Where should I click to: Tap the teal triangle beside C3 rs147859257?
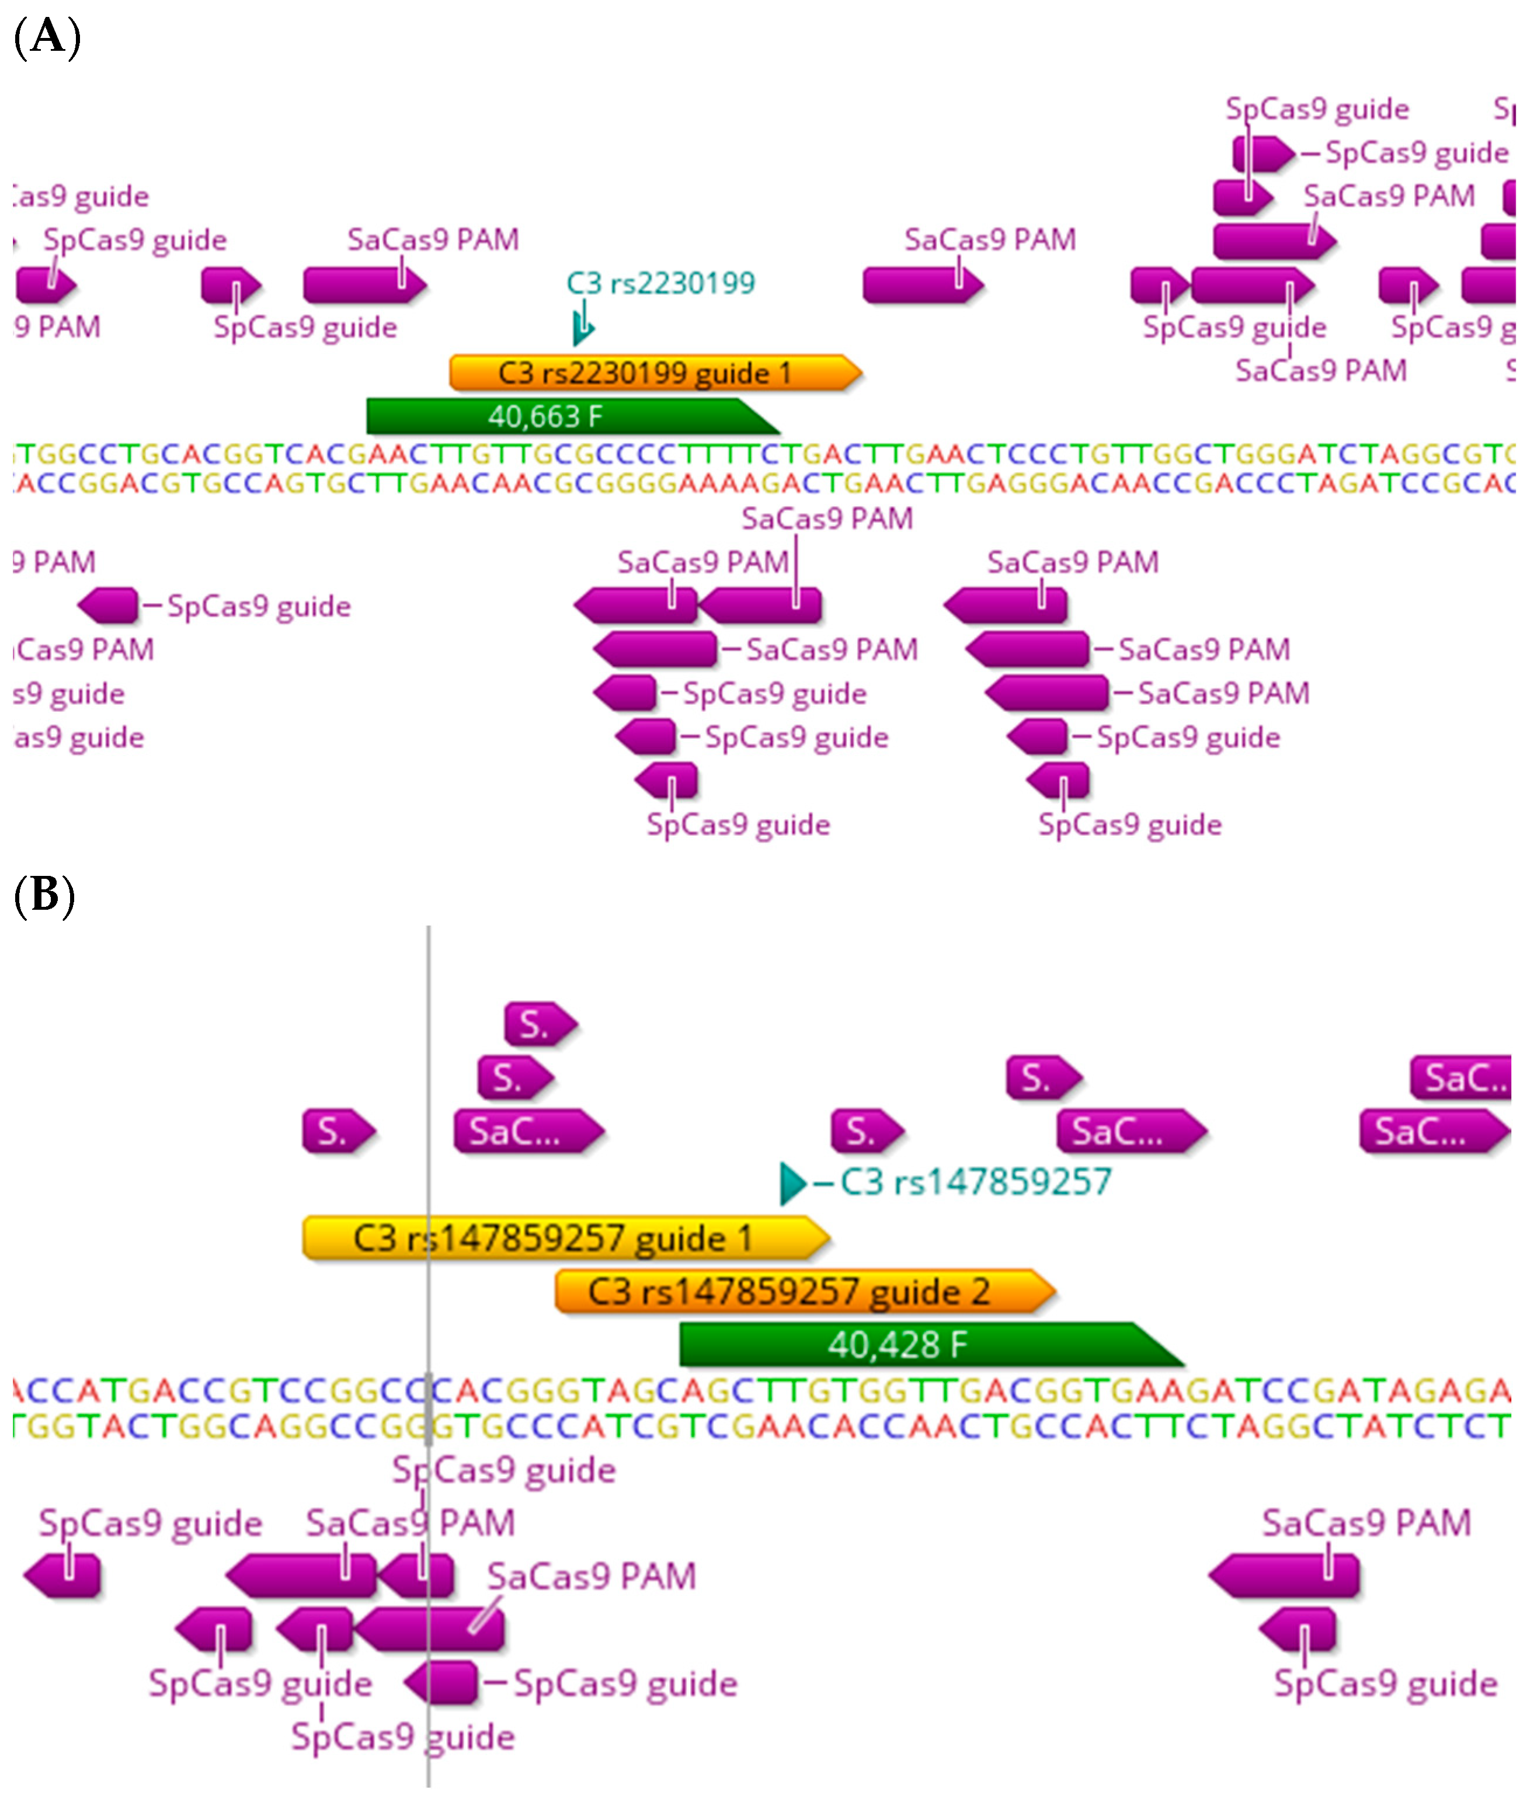791,1183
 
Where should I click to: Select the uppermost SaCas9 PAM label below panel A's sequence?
827,519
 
